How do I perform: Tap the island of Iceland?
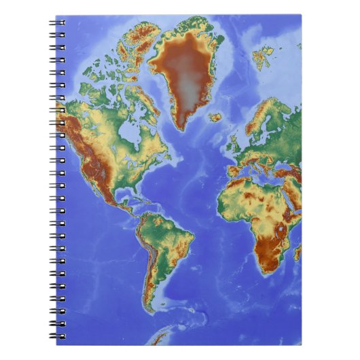click(x=215, y=117)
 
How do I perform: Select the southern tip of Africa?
click(x=268, y=270)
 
